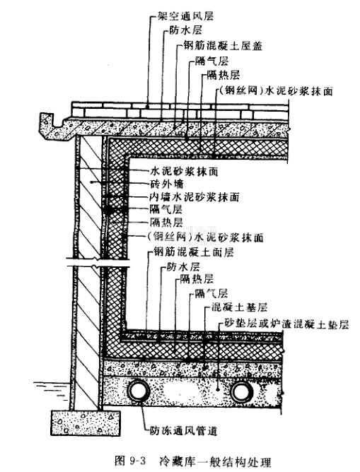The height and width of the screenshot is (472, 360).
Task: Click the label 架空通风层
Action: (185, 16)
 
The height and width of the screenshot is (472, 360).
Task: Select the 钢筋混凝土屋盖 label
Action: (223, 46)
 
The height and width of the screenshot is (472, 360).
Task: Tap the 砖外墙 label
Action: (167, 184)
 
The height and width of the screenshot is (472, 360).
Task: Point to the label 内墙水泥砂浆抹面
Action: (194, 197)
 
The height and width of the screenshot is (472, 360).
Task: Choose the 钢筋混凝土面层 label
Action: (194, 252)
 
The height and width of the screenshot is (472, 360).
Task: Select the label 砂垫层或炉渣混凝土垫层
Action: (286, 324)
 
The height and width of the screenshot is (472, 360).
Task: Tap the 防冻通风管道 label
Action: (183, 431)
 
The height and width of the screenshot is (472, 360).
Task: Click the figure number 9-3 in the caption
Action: (137, 461)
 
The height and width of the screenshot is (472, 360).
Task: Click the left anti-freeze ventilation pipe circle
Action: (139, 391)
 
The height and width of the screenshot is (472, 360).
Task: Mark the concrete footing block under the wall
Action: (86, 423)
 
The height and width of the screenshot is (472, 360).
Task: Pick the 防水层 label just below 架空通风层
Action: (185, 30)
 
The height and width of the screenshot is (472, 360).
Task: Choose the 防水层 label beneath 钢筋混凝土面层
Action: (183, 267)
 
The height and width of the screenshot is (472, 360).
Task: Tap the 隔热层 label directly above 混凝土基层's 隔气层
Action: (197, 279)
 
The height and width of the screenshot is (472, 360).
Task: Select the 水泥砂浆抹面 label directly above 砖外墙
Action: (184, 172)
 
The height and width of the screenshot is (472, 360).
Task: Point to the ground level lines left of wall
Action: (52, 387)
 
